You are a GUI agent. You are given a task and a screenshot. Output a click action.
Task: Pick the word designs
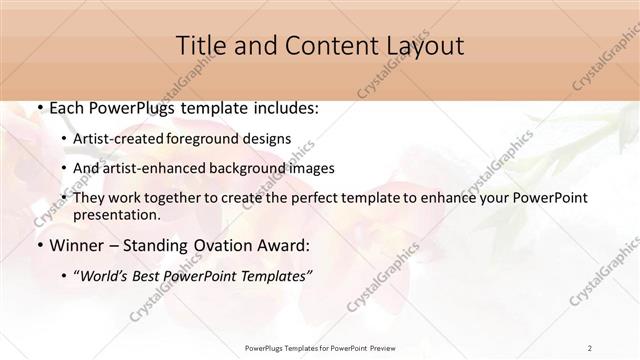269,139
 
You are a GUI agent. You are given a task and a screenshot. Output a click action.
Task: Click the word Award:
284,245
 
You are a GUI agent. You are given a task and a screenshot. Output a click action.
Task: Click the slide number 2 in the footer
590,348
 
